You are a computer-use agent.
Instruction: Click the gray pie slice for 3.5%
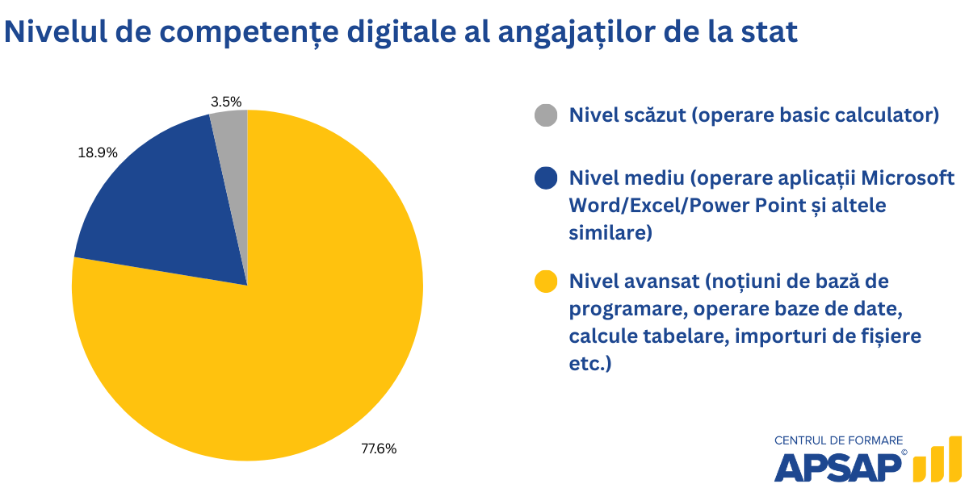(231, 137)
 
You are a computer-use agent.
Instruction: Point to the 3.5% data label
(226, 102)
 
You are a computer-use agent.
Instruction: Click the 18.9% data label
(98, 152)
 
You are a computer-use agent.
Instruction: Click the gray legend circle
(547, 115)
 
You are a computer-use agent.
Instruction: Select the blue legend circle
(547, 177)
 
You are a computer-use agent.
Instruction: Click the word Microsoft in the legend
(910, 177)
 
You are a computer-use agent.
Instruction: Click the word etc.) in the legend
(590, 364)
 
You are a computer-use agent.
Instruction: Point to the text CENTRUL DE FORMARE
(838, 440)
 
